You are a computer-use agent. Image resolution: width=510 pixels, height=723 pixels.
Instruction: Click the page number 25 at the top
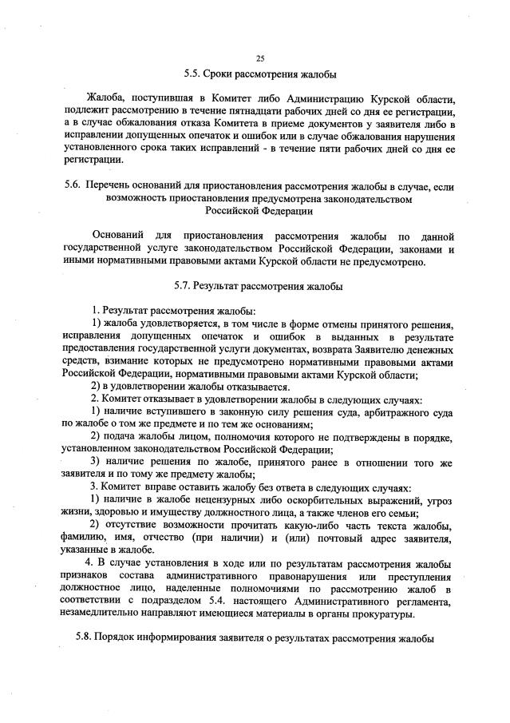point(259,59)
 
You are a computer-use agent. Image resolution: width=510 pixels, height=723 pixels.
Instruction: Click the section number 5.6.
point(72,186)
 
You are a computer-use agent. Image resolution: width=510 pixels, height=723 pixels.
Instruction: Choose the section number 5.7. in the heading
point(184,285)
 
